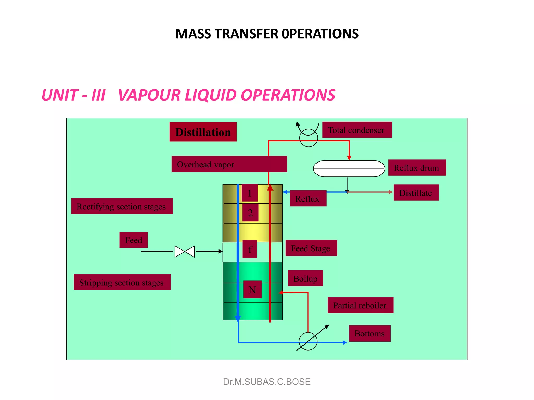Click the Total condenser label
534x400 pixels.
coord(357,130)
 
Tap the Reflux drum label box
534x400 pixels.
coord(417,167)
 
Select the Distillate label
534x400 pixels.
coord(416,193)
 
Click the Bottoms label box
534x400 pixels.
coord(369,333)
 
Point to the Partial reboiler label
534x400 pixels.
coord(360,305)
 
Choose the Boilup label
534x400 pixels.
coord(305,278)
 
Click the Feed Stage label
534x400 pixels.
coord(311,248)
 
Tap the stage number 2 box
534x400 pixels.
coord(250,213)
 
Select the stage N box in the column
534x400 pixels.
coord(252,290)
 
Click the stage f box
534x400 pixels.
coord(250,249)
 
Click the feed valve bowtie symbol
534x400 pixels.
coord(185,251)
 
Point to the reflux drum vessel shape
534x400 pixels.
coord(349,168)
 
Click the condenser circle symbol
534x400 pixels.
coord(308,138)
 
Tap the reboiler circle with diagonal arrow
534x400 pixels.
coord(308,341)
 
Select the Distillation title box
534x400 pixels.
coord(203,132)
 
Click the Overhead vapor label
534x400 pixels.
coord(229,164)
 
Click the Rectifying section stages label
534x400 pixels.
coord(122,206)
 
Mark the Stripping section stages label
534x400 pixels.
coord(122,282)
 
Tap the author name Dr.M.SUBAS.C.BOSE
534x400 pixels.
coord(267,382)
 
